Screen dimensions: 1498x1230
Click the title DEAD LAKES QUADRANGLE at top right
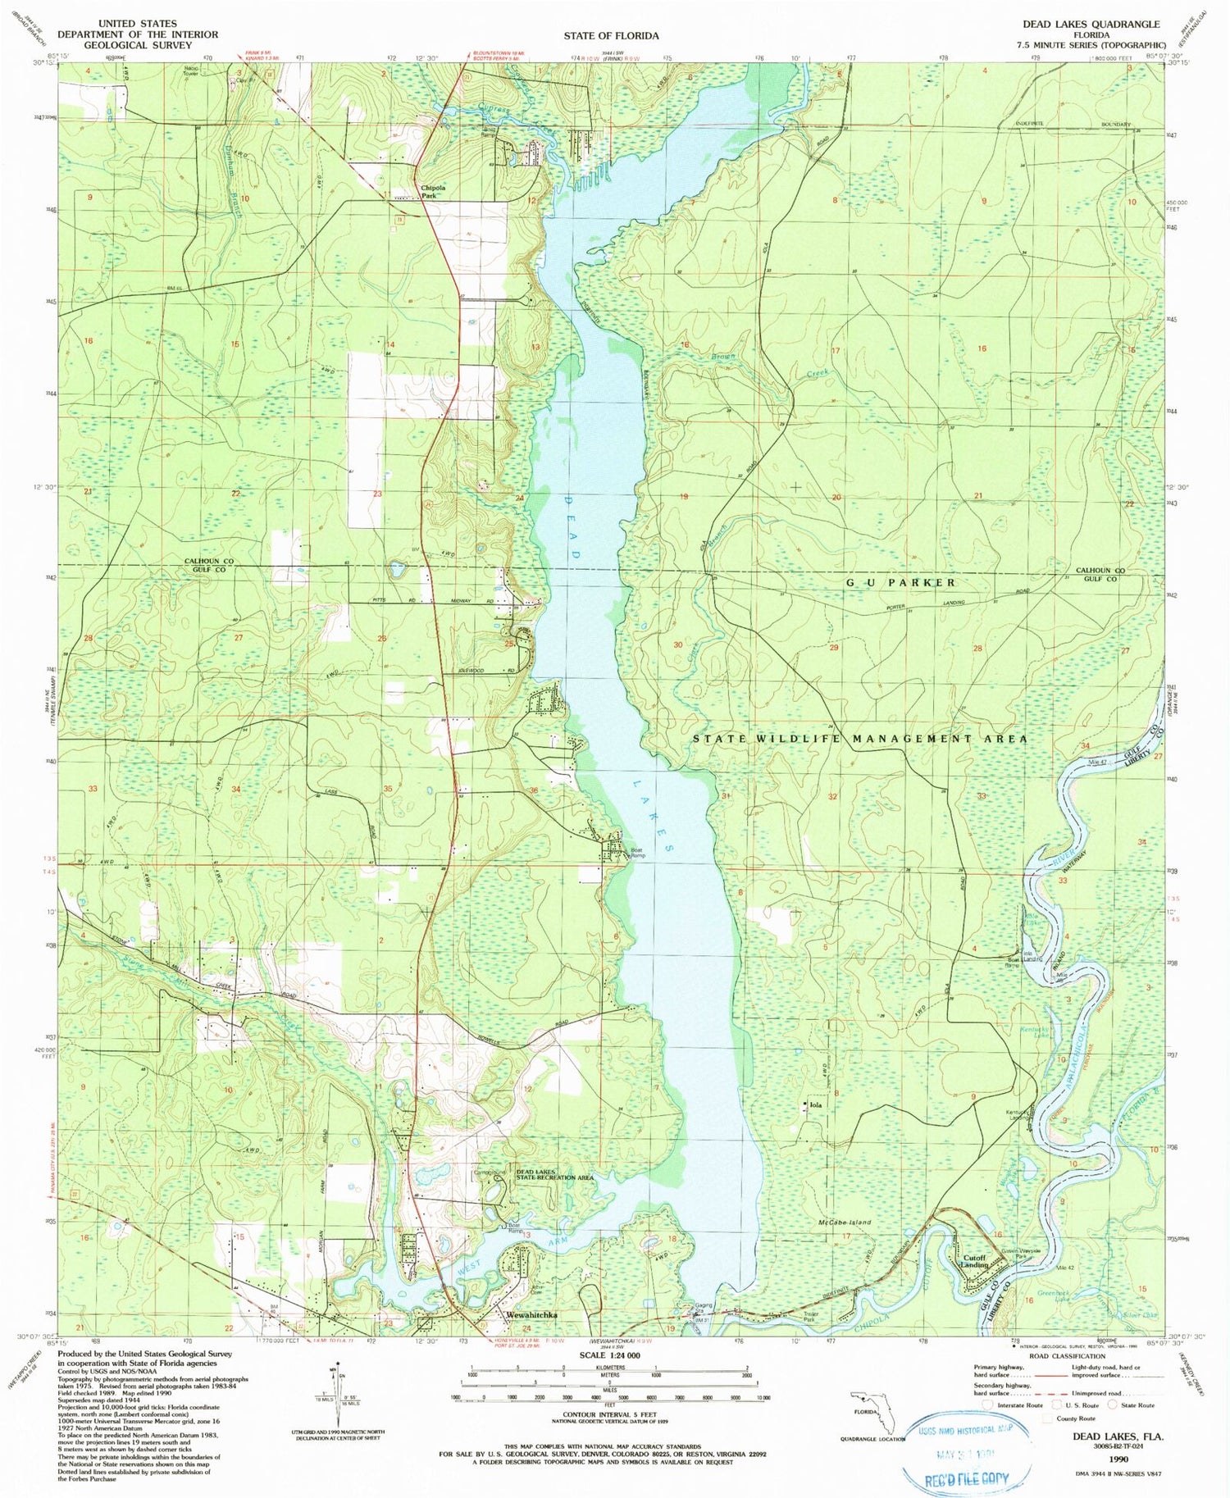[1091, 25]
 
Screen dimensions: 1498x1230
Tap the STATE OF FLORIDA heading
[610, 35]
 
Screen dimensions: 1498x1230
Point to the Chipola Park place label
[433, 191]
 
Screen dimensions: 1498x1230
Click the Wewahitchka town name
[532, 1314]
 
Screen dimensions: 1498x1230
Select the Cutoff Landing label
[974, 1261]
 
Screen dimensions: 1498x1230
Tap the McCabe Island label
[845, 1222]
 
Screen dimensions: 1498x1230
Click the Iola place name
[815, 1105]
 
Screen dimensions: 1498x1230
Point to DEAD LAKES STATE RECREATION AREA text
[554, 1175]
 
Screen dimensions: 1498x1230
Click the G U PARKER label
[900, 582]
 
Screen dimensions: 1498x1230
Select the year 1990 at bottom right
[1118, 1459]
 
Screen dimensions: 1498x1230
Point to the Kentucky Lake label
[1033, 1032]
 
